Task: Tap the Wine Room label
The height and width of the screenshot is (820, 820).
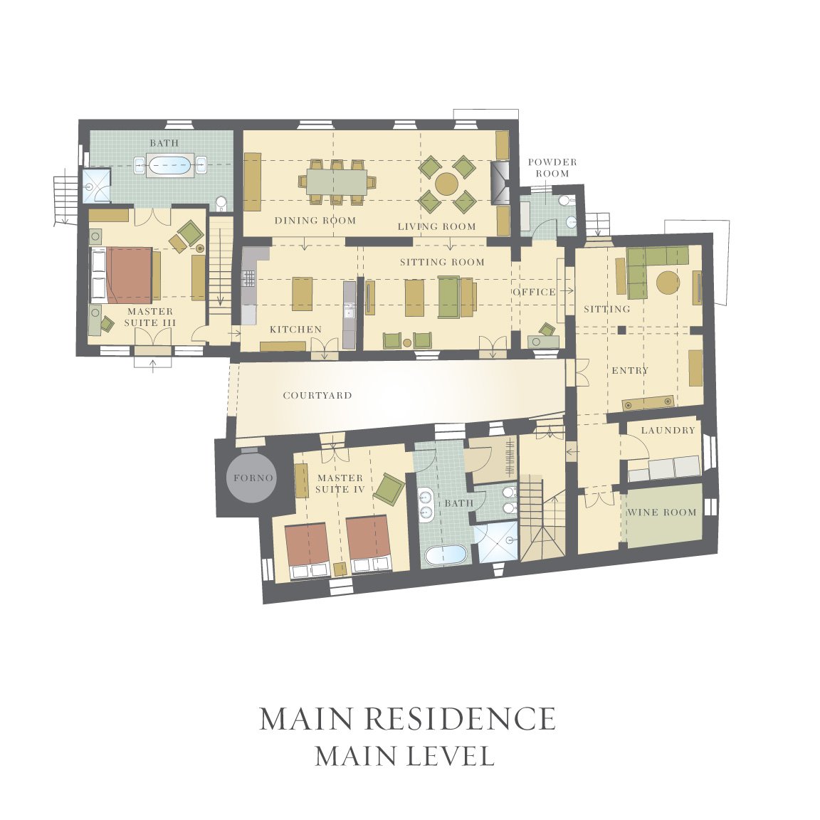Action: point(661,512)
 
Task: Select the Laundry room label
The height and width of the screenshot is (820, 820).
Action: point(668,431)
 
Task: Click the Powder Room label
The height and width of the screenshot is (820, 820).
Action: point(552,167)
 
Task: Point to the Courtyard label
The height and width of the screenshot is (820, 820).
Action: point(317,395)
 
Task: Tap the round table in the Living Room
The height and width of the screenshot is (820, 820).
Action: point(446,184)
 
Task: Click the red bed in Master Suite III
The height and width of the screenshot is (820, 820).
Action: point(129,275)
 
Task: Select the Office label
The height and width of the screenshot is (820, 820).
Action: point(534,292)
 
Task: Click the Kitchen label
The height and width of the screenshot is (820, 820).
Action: point(295,330)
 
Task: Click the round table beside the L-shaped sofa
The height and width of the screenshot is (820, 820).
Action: point(668,283)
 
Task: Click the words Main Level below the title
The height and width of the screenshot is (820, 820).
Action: point(405,756)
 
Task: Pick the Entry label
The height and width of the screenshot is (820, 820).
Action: point(630,370)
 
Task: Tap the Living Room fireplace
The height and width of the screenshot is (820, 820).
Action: point(500,182)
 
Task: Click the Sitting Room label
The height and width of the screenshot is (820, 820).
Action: point(443,262)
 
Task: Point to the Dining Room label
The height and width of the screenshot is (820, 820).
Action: point(315,221)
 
